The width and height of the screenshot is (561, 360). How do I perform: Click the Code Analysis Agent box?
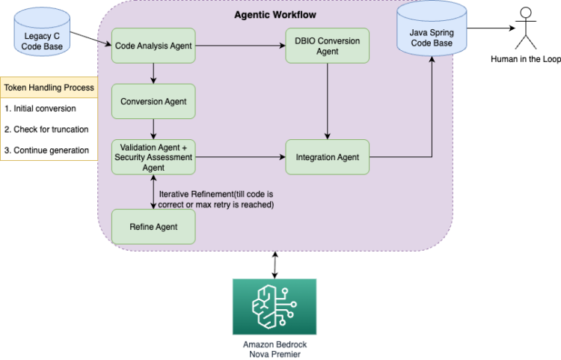coord(153,46)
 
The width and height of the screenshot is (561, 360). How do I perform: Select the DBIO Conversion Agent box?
coord(327,46)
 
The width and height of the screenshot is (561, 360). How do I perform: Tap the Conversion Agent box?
coord(153,100)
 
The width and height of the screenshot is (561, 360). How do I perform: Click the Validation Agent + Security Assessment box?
coord(153,157)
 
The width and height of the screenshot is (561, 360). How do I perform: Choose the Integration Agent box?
coord(327,157)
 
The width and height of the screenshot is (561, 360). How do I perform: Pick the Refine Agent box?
coord(153,226)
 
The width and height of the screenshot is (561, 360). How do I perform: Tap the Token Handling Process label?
coord(49,88)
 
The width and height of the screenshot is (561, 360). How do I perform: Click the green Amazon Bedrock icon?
coord(274,307)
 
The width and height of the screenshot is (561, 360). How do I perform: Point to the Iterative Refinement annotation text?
coord(217,198)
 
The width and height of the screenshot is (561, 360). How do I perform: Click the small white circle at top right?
coord(526,12)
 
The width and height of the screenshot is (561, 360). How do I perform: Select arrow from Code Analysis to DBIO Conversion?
coord(239,46)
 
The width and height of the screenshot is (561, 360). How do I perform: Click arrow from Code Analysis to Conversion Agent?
coord(153,73)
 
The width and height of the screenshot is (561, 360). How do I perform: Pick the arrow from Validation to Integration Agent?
coord(239,157)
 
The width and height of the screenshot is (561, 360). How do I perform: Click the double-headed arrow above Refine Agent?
coord(153,192)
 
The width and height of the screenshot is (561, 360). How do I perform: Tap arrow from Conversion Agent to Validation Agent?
coord(153,128)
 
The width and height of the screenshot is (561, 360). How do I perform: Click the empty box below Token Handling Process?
coord(49,129)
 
